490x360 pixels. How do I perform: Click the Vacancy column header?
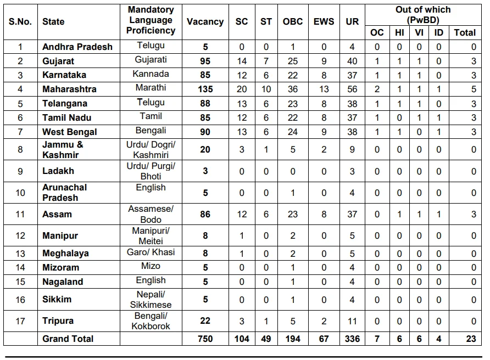click(x=205, y=22)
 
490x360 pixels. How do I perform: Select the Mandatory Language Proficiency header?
click(x=151, y=20)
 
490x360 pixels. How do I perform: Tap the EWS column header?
click(x=324, y=22)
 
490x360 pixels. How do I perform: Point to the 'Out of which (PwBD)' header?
click(x=423, y=15)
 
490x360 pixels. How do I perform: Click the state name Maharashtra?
click(x=69, y=89)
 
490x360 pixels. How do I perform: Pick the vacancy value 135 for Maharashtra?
click(x=205, y=89)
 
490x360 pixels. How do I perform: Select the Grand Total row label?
click(x=68, y=339)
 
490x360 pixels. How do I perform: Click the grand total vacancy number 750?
click(x=205, y=339)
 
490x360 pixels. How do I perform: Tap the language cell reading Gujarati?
click(x=151, y=59)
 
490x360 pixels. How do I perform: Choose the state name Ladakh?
click(x=58, y=171)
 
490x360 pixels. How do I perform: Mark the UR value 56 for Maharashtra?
click(x=352, y=89)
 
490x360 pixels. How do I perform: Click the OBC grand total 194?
click(x=293, y=339)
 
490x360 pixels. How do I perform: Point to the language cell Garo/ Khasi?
click(x=151, y=252)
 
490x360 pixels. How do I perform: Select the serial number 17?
click(x=20, y=320)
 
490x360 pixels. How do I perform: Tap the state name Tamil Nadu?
click(x=67, y=117)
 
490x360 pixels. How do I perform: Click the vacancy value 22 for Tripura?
click(x=205, y=320)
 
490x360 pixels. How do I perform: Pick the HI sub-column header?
click(x=399, y=32)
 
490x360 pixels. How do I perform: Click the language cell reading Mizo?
click(x=151, y=266)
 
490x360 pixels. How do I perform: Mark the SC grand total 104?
click(x=242, y=339)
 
